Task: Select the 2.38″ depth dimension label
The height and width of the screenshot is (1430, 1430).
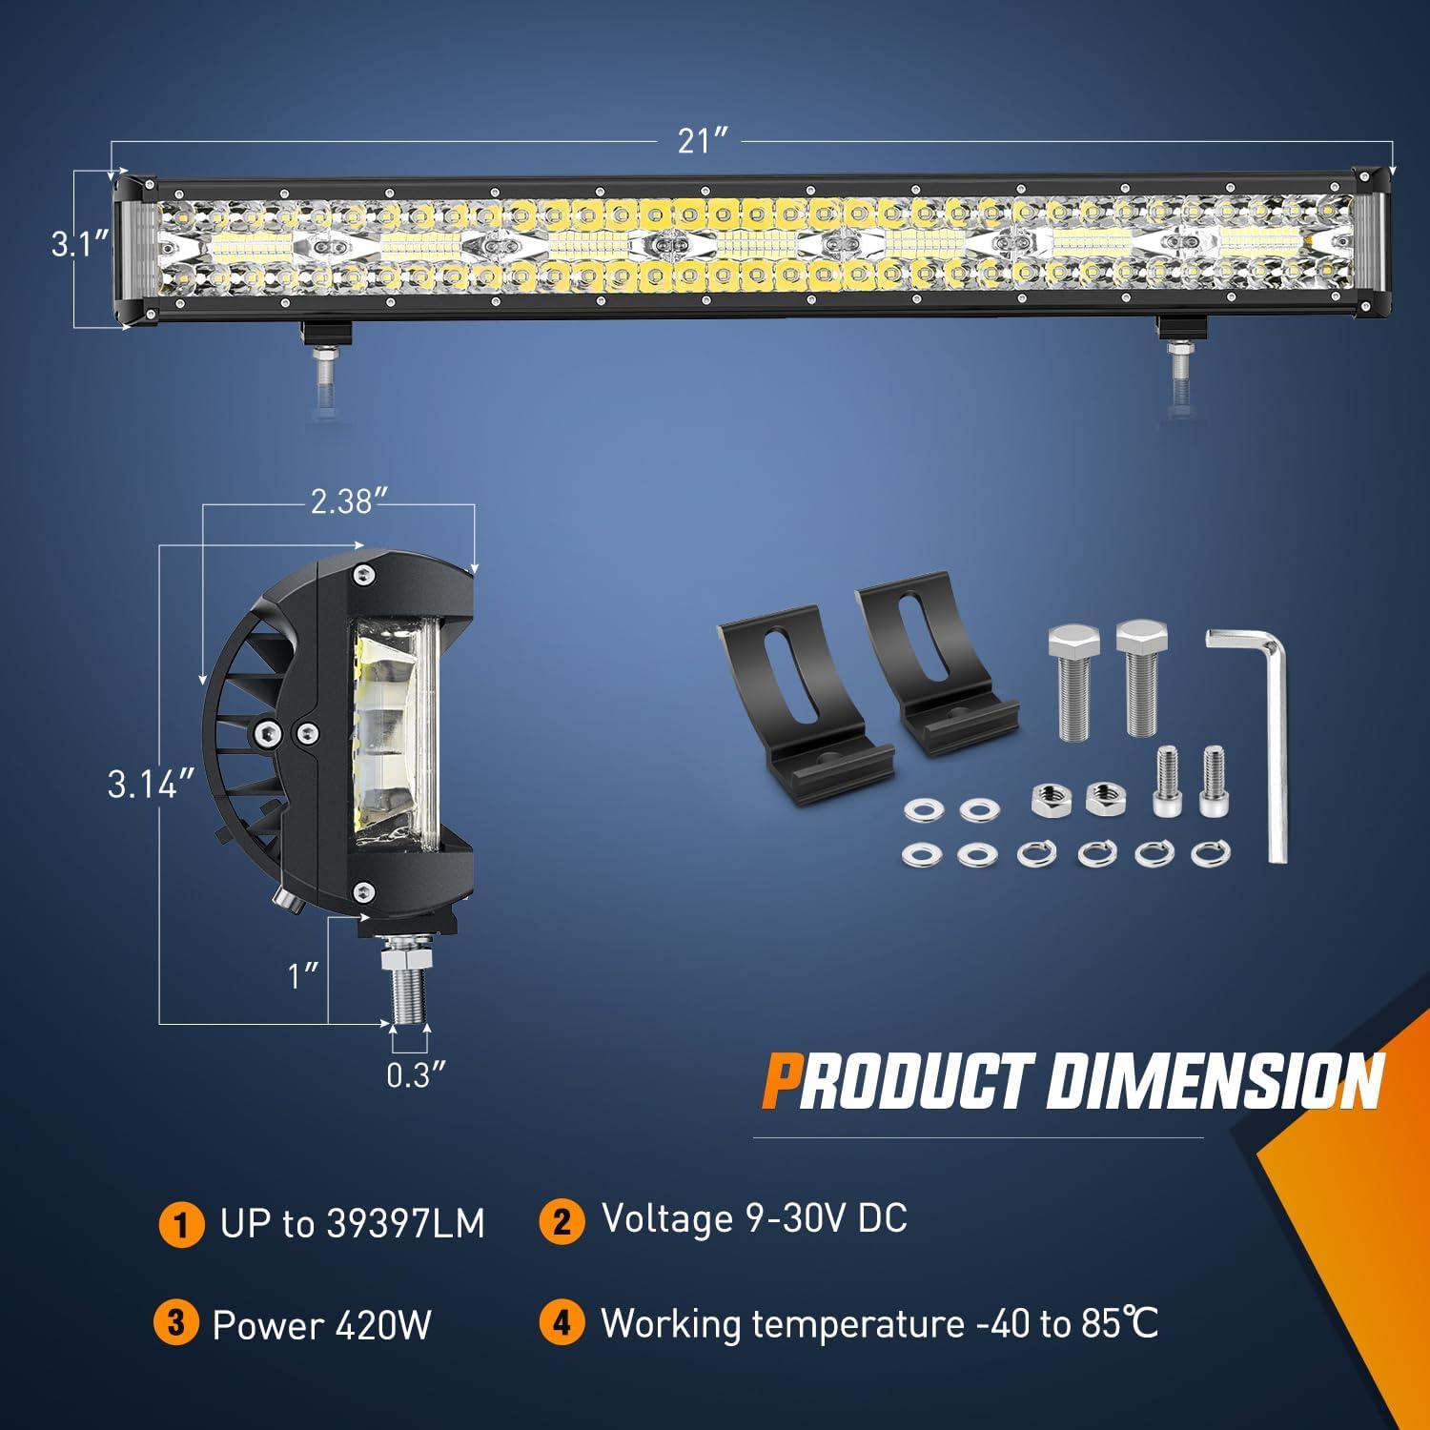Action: (340, 501)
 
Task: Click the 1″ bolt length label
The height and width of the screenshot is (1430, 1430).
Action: (303, 975)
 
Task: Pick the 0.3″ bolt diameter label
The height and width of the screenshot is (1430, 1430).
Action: (416, 1075)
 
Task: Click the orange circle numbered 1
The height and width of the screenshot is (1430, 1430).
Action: (180, 1224)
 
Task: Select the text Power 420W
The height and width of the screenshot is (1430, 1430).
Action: (322, 1325)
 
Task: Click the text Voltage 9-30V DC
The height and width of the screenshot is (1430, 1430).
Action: (754, 1219)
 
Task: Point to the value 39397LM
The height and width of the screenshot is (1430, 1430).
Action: (405, 1224)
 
